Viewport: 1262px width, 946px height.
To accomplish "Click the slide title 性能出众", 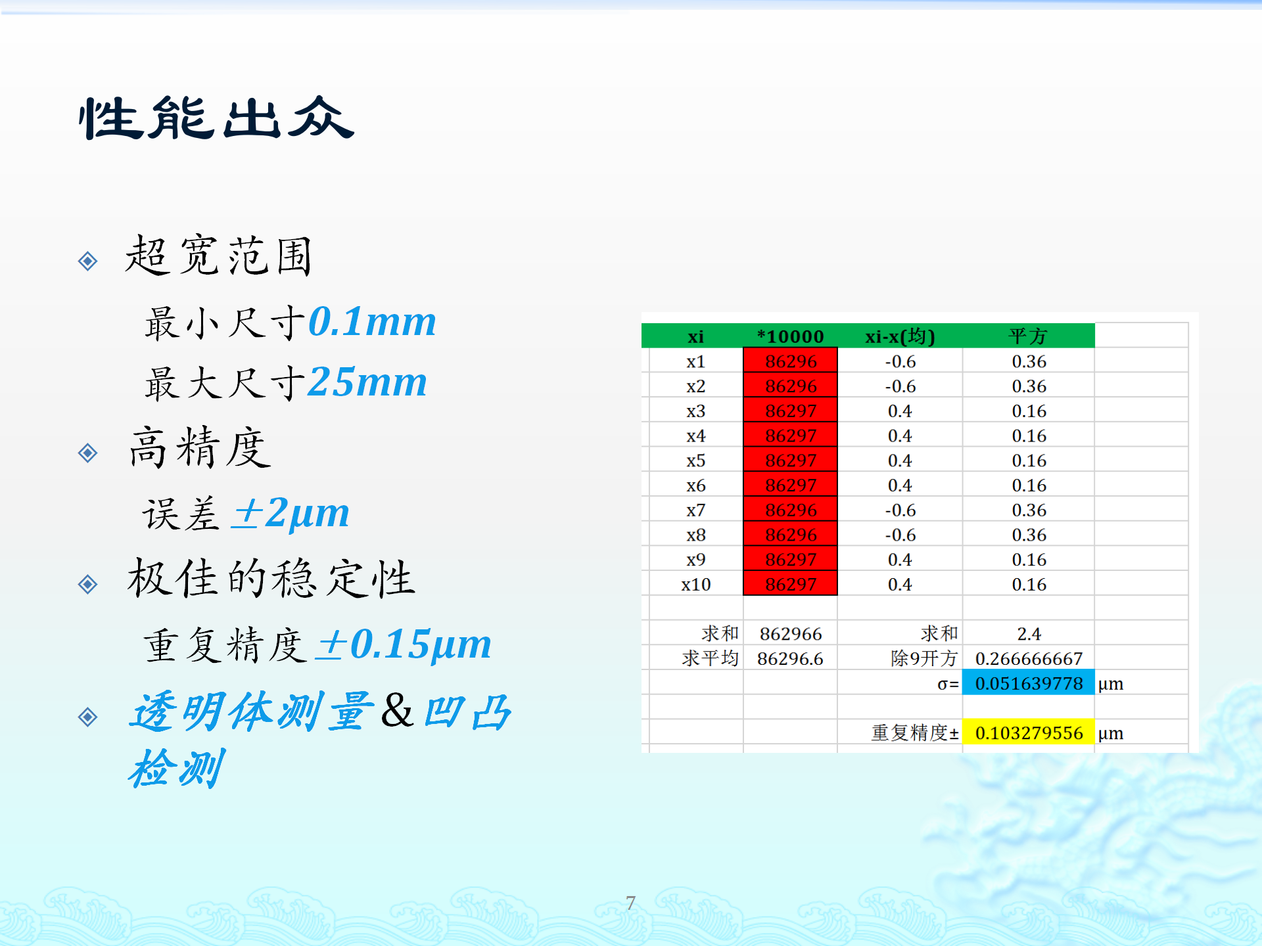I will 216,118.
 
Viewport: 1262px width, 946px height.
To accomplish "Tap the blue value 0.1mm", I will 372,322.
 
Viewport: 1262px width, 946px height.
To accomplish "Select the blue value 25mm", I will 367,382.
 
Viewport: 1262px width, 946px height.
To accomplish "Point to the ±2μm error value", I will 291,512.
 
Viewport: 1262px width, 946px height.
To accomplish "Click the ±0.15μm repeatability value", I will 403,644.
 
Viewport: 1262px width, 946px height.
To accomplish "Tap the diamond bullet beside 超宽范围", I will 87,261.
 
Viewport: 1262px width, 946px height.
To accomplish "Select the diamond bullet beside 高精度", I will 87,453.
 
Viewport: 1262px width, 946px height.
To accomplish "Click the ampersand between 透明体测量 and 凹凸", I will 398,711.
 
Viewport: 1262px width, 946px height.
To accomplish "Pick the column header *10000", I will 790,336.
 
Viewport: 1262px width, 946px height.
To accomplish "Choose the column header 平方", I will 1028,336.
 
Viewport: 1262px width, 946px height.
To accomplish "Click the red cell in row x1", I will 790,361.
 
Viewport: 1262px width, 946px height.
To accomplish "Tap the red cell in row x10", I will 790,584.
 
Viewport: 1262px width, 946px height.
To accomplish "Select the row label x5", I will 695,461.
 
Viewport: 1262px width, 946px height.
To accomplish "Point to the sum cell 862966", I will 790,634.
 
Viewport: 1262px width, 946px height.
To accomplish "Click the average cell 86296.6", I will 790,659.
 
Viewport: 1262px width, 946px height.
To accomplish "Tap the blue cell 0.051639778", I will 1028,683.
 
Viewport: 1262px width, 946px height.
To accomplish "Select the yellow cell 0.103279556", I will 1028,732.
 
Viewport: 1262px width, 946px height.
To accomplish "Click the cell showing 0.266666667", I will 1028,659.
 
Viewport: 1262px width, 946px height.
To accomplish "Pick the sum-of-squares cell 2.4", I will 1028,634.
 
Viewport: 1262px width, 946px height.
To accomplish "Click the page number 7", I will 630,903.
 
